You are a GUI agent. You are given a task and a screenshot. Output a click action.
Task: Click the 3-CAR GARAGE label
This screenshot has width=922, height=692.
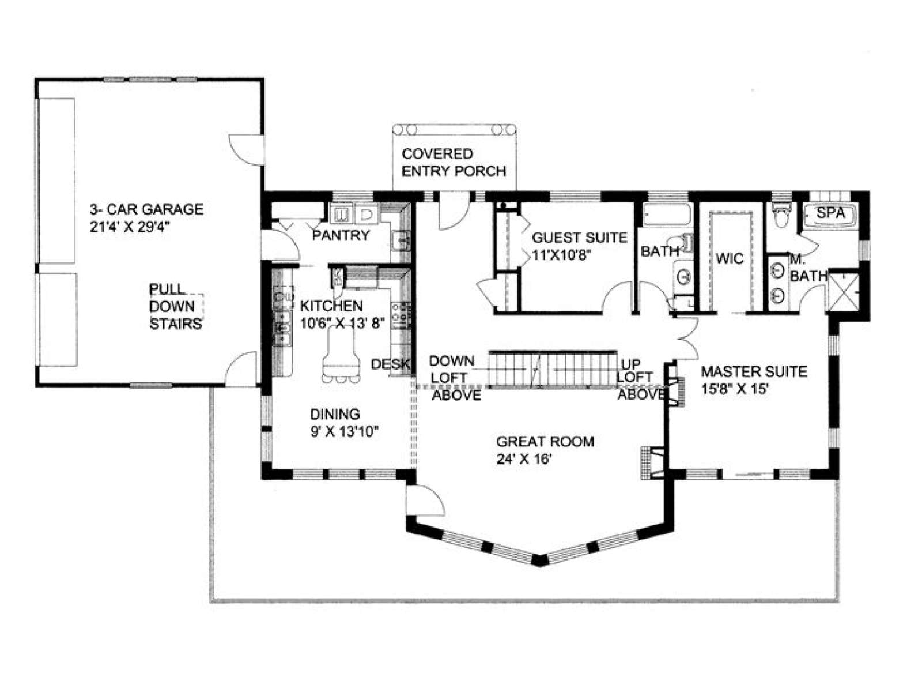[x=146, y=209]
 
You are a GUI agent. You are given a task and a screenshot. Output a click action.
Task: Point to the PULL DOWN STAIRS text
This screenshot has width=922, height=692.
[x=175, y=307]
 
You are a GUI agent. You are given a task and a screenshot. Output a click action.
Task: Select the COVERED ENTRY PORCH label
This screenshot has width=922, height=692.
[x=454, y=163]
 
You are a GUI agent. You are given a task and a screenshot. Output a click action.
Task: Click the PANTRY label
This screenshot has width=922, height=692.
[x=341, y=235]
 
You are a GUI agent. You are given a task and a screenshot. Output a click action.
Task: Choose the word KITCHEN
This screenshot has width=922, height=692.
[x=331, y=306]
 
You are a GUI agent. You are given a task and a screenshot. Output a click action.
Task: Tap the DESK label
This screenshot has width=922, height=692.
[x=390, y=364]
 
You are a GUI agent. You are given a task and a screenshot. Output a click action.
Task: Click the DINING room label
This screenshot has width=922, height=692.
[x=335, y=414]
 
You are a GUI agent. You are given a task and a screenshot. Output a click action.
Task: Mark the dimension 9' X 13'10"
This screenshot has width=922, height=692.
[x=345, y=432]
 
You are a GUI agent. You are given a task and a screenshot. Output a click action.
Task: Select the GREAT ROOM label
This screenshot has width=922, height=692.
[x=545, y=442]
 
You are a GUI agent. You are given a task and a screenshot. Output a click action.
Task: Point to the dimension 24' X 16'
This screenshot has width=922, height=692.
[x=523, y=460]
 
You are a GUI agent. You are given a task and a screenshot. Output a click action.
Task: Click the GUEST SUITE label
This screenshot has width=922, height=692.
[x=579, y=238]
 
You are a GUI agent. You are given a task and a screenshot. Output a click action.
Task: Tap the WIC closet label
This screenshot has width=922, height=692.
[x=730, y=259]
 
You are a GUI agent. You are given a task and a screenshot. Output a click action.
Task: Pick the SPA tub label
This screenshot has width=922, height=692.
[x=830, y=213]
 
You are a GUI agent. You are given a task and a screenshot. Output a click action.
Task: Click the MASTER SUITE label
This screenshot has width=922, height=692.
[x=754, y=371]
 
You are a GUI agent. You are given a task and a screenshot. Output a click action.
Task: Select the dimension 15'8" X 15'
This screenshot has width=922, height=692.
[x=735, y=389]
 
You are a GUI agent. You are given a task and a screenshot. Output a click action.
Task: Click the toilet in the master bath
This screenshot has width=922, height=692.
[x=781, y=215]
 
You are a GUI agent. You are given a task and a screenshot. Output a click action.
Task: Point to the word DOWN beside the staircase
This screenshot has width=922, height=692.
[x=452, y=360]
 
